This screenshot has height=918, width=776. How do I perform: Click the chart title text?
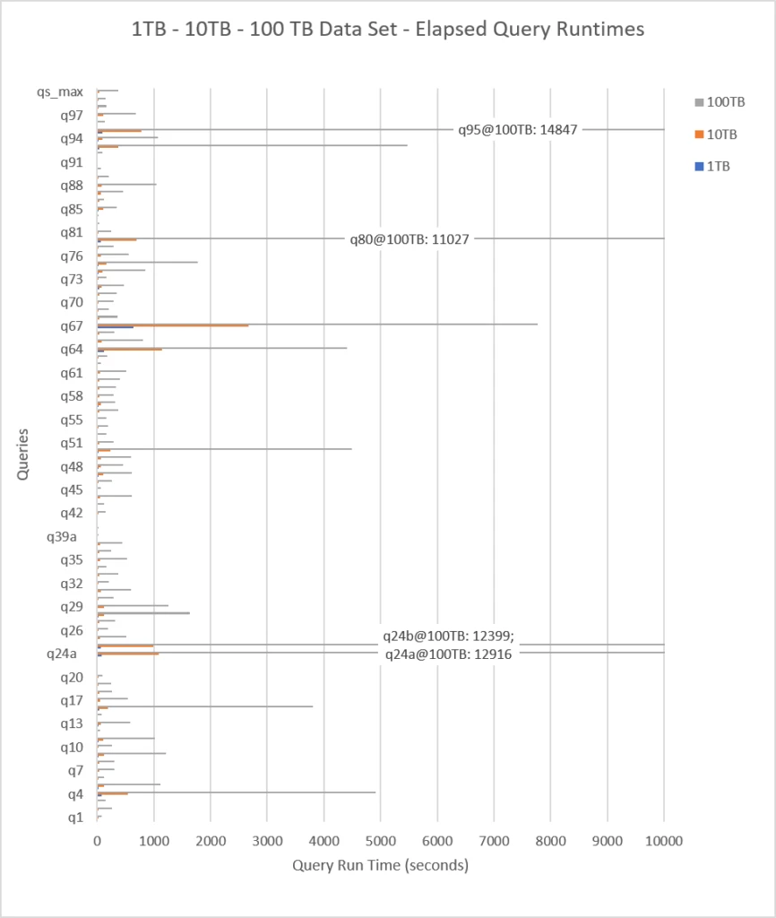coord(387,30)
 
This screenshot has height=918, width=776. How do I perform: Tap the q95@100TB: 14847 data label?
coord(517,129)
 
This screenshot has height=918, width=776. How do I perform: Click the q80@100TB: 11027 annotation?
coord(410,238)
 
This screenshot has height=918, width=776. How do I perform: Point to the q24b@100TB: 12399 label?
coord(447,637)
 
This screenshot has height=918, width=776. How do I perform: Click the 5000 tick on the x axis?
coord(380,841)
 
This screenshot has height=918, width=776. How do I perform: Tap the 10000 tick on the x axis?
coord(663,841)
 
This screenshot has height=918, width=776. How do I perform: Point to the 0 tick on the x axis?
coord(97,841)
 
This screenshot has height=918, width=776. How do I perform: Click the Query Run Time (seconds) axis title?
coord(380,866)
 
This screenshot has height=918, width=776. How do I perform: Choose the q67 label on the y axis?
coord(72,325)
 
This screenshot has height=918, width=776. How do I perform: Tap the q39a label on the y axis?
coord(62,537)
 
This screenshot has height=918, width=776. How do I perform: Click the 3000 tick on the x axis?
coord(267,841)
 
